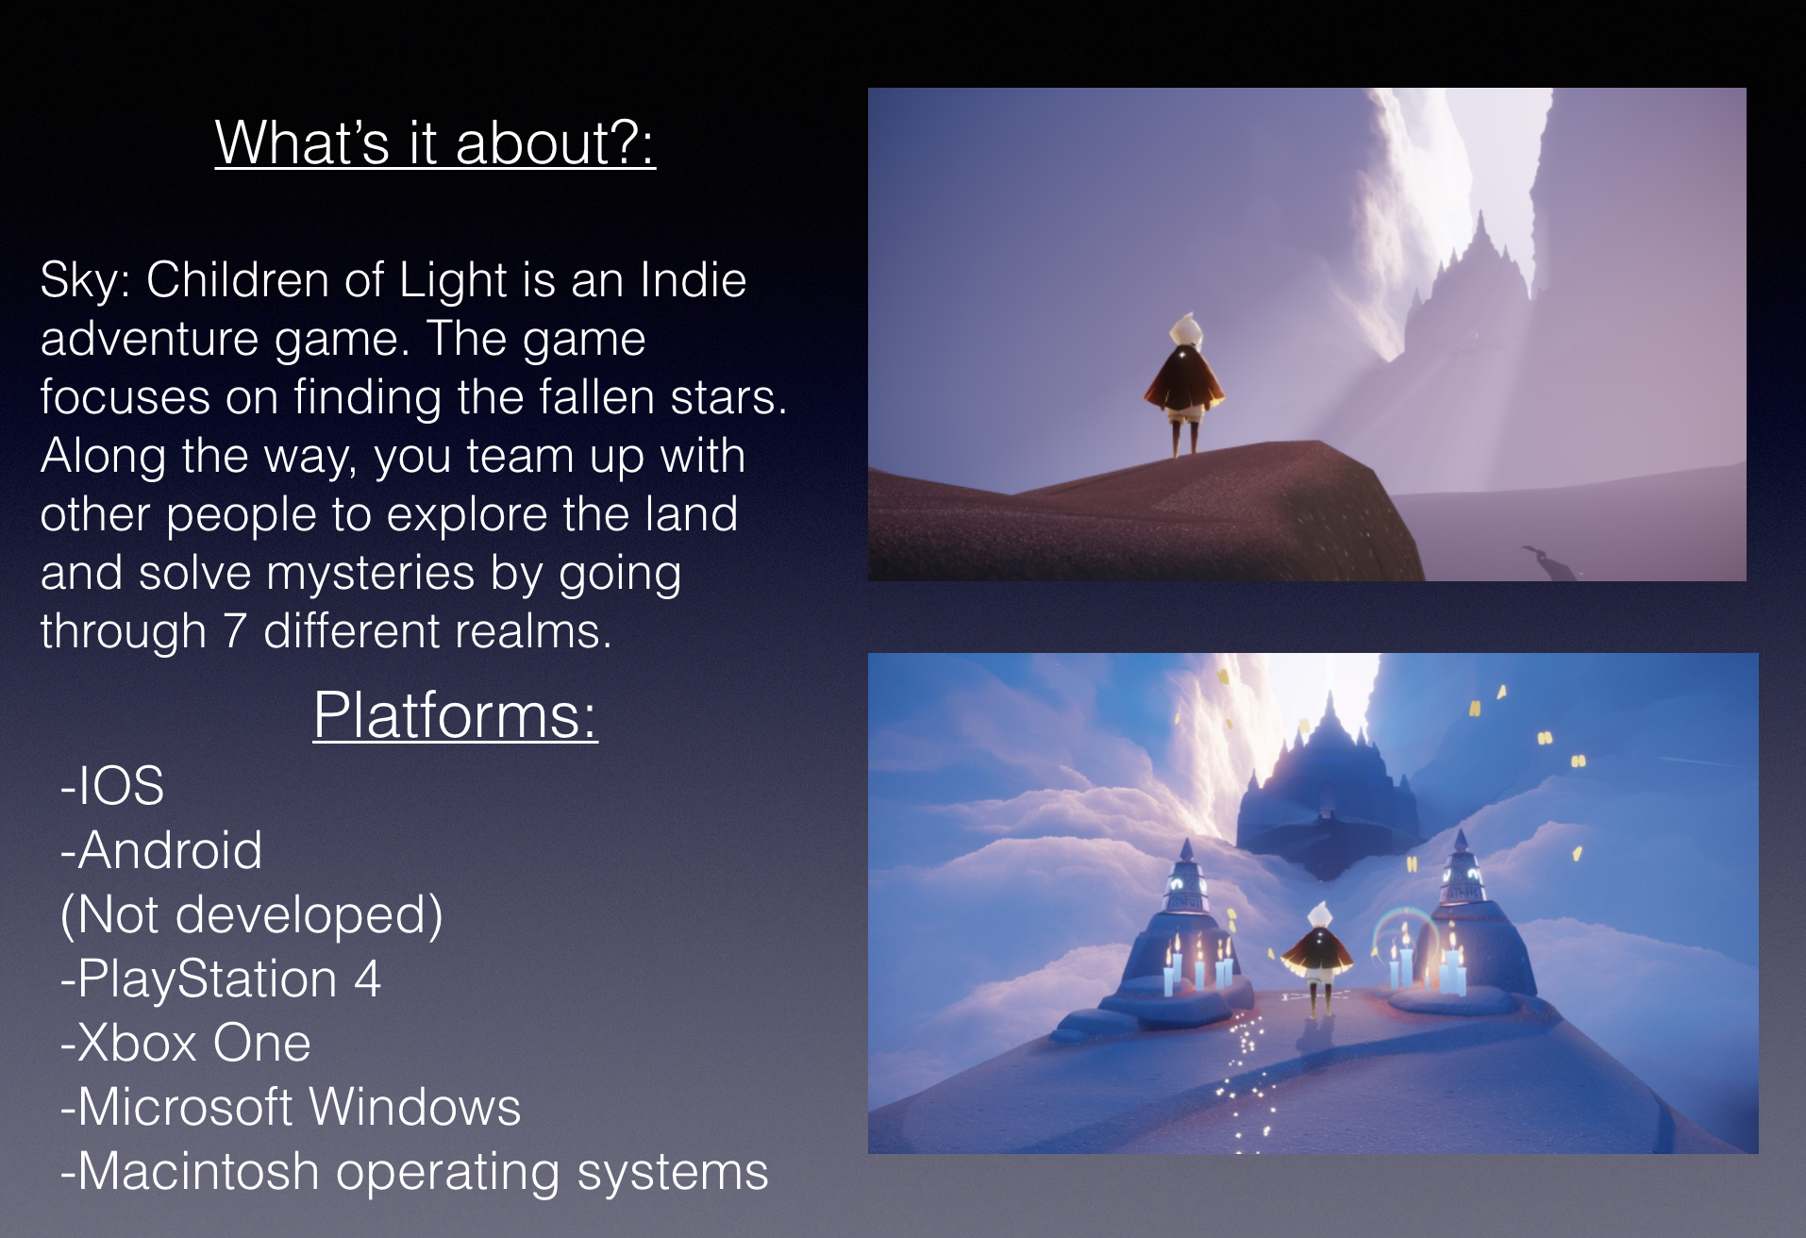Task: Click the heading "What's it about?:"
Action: [x=435, y=143]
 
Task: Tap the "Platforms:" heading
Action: [x=456, y=715]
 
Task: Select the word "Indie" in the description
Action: [x=694, y=280]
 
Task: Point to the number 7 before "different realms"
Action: [x=235, y=631]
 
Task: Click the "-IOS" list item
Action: [x=112, y=786]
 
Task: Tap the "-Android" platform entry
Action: [x=161, y=850]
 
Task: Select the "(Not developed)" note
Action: [x=252, y=915]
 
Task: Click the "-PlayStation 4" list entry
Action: [x=221, y=979]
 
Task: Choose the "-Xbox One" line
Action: [x=186, y=1043]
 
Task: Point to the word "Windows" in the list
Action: [x=414, y=1107]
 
